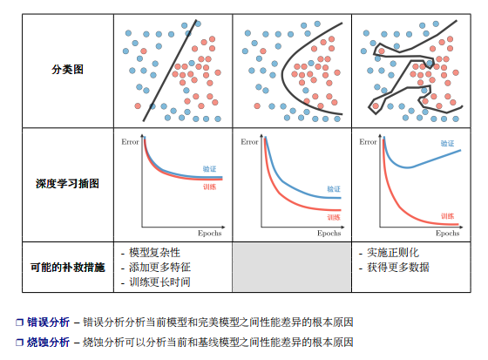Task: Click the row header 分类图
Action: tap(68, 69)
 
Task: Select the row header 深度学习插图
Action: tap(68, 183)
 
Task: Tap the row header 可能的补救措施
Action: tap(68, 268)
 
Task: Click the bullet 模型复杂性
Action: tap(155, 253)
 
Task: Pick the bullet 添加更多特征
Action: tap(160, 268)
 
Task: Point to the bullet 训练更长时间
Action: tap(160, 282)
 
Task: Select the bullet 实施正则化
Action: tap(393, 253)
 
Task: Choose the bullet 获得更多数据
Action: tap(398, 268)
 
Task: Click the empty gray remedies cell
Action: tap(292, 268)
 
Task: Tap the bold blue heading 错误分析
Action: tap(48, 322)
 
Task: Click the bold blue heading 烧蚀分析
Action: tap(48, 343)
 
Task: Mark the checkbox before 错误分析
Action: tap(19, 323)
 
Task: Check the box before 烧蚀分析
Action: tap(19, 343)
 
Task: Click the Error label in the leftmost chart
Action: tap(130, 142)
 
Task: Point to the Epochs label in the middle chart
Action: tap(329, 234)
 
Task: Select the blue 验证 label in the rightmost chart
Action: tap(448, 143)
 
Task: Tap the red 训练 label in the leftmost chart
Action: tap(209, 187)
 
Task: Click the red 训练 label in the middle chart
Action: tap(334, 217)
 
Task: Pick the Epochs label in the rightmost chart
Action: tap(448, 234)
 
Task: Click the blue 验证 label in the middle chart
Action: tap(334, 189)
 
